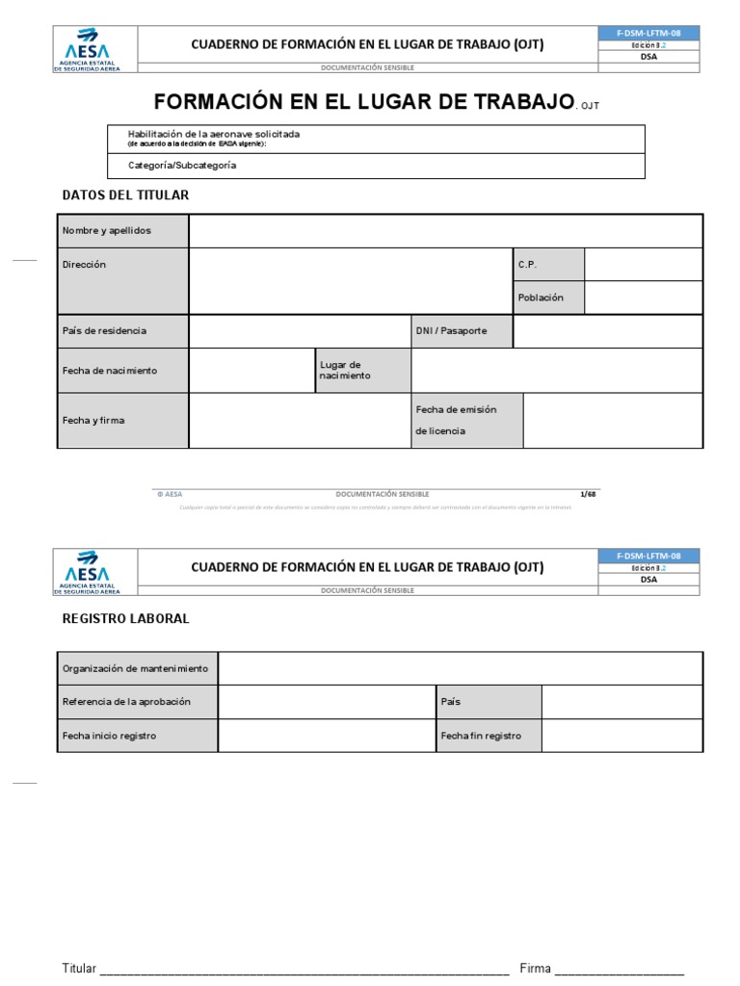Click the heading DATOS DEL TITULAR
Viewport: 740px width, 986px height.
(125, 195)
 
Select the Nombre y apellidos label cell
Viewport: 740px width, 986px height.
(122, 231)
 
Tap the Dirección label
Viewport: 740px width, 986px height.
(122, 280)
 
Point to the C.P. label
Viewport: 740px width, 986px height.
(547, 265)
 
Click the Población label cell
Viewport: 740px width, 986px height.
(547, 298)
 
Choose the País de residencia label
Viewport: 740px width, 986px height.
(122, 330)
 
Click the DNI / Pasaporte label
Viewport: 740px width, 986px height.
(462, 330)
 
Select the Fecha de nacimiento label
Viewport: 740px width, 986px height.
(122, 371)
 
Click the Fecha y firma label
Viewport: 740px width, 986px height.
(122, 421)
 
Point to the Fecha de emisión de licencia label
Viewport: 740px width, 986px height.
(467, 421)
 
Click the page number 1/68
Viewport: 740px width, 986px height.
(589, 494)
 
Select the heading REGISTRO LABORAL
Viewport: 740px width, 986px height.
(125, 619)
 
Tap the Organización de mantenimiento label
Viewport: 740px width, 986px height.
(137, 668)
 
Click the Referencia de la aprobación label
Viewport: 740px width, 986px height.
(137, 702)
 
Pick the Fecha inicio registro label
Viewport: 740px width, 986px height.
(137, 736)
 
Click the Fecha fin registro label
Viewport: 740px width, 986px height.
(488, 736)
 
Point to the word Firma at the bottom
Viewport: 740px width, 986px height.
(535, 968)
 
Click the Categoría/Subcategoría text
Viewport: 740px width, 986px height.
(182, 166)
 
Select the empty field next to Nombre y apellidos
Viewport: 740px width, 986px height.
(445, 231)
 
